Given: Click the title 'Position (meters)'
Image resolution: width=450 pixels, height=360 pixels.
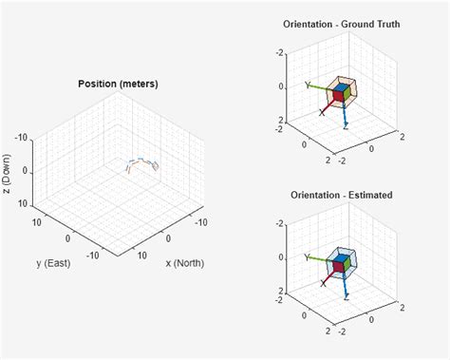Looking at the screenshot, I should click(x=118, y=84).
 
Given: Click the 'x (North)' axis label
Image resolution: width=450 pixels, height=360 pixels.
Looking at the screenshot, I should click(x=184, y=262).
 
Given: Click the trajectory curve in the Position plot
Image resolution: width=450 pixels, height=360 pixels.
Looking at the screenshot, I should click(x=142, y=162).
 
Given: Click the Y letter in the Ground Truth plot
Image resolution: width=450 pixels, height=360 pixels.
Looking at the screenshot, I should click(x=306, y=85).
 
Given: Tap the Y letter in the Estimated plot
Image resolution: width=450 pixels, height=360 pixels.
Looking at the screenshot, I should click(x=306, y=256).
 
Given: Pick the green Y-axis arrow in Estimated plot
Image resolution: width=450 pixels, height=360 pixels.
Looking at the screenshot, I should click(x=319, y=258).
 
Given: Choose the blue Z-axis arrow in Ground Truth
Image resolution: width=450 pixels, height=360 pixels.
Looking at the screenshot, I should click(x=343, y=114).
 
